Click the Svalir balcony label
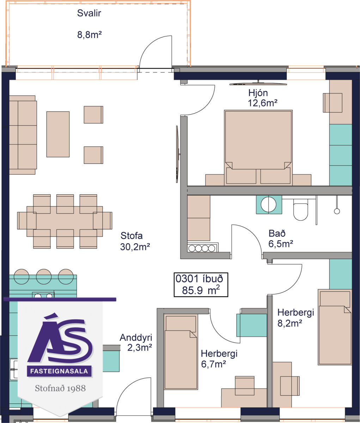point(89,13)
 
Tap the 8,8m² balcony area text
point(90,35)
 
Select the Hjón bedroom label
point(258,93)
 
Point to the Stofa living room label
point(132,236)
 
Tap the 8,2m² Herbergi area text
point(289,323)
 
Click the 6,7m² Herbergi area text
point(213,364)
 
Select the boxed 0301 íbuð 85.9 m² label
point(201,285)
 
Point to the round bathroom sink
point(269,204)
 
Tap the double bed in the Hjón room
point(258,148)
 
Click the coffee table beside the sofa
point(58,134)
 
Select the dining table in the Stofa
point(65,221)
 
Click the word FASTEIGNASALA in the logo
point(59,371)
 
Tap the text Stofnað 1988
point(60,388)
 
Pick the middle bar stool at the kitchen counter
point(44,276)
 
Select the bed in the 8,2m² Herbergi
point(335,327)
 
